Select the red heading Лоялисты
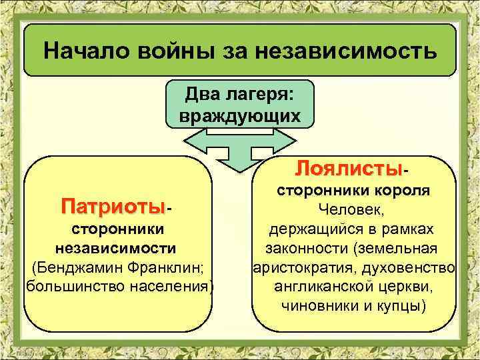click(x=349, y=167)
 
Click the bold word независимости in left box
click(x=116, y=249)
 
